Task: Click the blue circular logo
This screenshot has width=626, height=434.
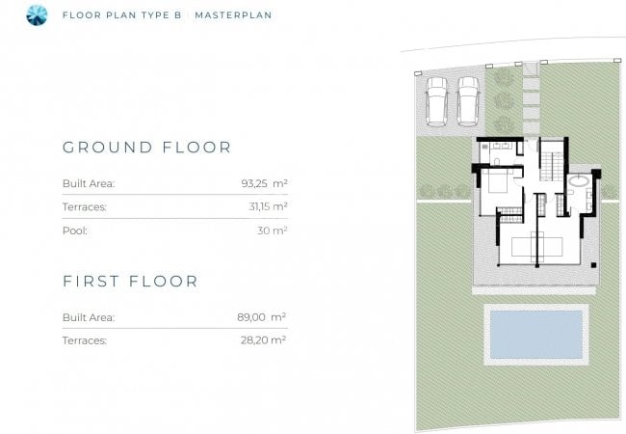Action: click(37, 15)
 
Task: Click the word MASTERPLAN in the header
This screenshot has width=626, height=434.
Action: click(234, 15)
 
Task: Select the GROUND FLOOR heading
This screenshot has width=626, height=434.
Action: click(147, 147)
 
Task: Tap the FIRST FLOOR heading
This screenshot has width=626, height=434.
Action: click(130, 281)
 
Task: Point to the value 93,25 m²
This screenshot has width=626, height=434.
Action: click(264, 183)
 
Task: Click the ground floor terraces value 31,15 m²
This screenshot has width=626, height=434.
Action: click(268, 206)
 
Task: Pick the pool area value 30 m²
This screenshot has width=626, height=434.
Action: click(273, 231)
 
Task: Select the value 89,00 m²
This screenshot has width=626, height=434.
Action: click(262, 317)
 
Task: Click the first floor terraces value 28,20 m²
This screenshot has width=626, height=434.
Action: click(263, 340)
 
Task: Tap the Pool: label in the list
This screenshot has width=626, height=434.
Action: click(75, 231)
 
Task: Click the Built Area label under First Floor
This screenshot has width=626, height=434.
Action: click(89, 317)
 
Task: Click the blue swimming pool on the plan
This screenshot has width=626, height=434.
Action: click(536, 335)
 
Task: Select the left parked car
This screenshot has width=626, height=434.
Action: click(436, 101)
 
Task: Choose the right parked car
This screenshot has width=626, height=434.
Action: click(468, 101)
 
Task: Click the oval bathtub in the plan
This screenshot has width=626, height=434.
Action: click(580, 180)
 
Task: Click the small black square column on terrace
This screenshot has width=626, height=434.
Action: click(593, 265)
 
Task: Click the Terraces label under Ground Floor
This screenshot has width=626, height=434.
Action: click(85, 207)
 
